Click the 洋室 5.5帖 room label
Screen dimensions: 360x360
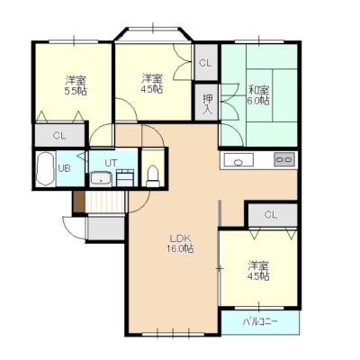[76, 85]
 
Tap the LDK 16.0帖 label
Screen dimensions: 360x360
[180, 244]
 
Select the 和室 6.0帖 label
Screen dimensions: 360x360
[258, 94]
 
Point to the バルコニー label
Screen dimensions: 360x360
[260, 322]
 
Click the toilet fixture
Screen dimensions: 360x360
[153, 176]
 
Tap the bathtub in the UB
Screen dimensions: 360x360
[45, 169]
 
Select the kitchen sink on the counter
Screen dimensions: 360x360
[238, 160]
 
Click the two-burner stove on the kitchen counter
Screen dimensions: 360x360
[283, 159]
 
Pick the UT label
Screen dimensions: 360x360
[111, 163]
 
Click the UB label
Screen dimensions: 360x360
[64, 168]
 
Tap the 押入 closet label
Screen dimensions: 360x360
[207, 104]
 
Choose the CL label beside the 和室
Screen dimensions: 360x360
[205, 63]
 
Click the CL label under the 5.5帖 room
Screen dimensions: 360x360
[59, 136]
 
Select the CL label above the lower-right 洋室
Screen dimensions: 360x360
[271, 214]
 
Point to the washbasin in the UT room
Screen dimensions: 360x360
[101, 179]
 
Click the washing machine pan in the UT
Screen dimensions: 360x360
[125, 177]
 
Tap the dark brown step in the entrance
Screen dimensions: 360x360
[79, 202]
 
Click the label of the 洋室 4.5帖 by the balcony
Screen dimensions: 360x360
[258, 271]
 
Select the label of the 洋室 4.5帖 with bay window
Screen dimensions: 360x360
[152, 84]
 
